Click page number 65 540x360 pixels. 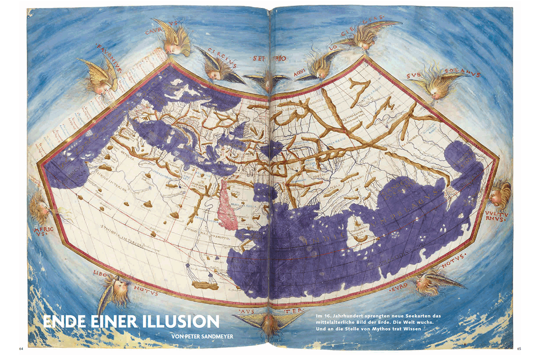click(520, 349)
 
